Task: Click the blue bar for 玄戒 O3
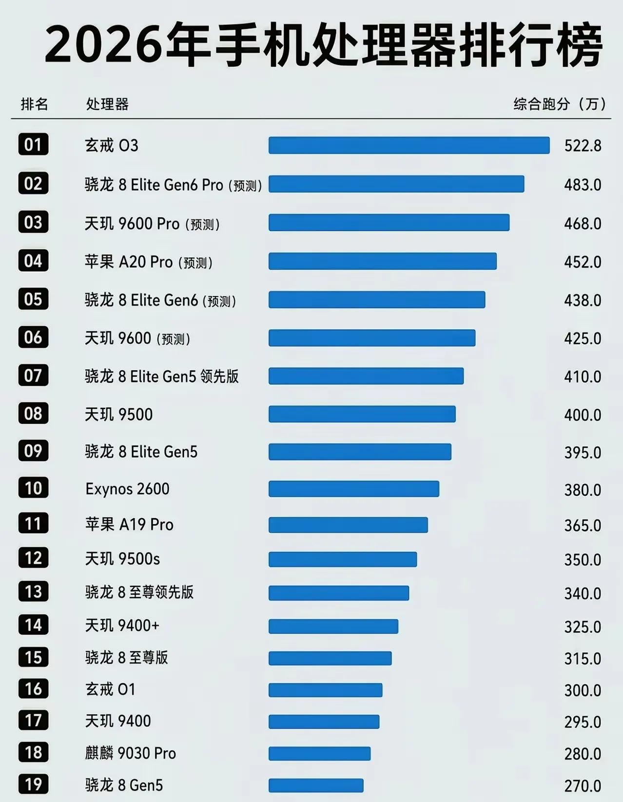point(409,145)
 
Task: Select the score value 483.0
point(583,184)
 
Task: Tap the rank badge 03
point(33,222)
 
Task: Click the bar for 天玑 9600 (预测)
point(372,338)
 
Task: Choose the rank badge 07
point(33,375)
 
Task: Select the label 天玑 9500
point(118,415)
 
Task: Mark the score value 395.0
point(583,453)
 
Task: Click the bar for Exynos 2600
point(354,489)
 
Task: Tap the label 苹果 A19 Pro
point(129,524)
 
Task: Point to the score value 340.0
point(583,594)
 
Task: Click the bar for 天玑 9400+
point(333,626)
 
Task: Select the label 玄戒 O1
point(110,689)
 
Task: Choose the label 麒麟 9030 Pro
point(131,753)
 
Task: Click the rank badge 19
point(33,784)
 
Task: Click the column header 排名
point(34,104)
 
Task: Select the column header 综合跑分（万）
point(560,104)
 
